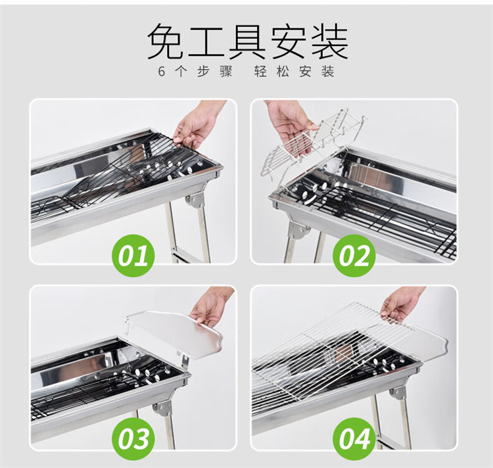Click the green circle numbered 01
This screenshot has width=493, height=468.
[134, 255]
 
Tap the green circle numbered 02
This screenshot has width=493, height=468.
[354, 255]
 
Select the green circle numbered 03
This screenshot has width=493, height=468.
[134, 438]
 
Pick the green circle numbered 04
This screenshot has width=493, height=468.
[354, 438]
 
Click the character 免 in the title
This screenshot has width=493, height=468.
[166, 41]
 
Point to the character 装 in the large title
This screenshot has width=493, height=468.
[330, 41]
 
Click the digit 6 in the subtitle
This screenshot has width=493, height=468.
[162, 72]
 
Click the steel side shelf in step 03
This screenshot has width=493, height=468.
[176, 333]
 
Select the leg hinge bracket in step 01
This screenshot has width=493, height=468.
[195, 200]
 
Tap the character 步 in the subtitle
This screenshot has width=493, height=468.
[203, 72]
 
